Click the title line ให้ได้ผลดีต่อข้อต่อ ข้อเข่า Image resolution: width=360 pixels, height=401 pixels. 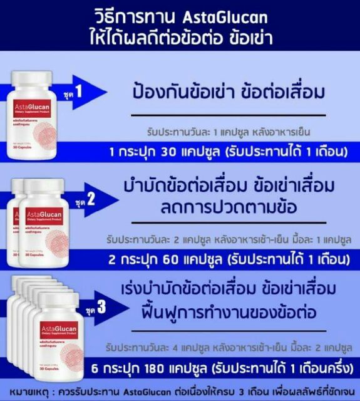180,35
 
